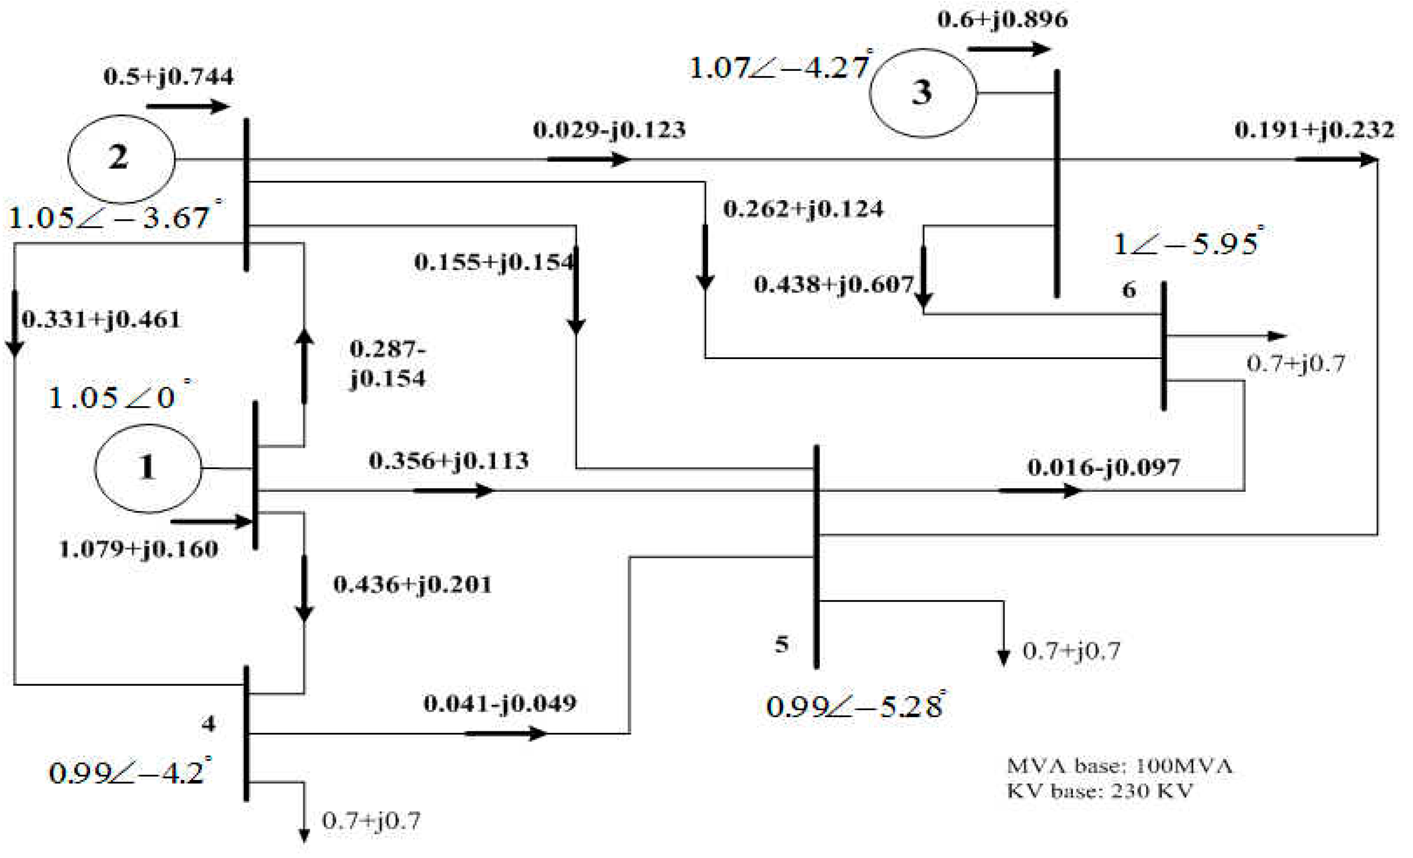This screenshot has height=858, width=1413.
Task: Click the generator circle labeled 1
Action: (x=148, y=467)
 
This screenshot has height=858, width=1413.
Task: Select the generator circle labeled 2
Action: (x=121, y=159)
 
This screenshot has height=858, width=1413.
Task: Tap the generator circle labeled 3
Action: (x=923, y=93)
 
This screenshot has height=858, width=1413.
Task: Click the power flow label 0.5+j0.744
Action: (x=169, y=76)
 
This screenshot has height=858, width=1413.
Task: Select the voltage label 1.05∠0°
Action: (x=117, y=397)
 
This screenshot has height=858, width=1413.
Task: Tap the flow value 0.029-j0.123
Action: (x=609, y=130)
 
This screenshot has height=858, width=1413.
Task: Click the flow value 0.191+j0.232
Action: (x=1314, y=130)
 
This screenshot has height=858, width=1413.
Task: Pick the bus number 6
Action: (x=1128, y=290)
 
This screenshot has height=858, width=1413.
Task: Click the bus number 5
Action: (x=782, y=645)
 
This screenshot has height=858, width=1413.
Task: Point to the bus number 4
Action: (x=208, y=724)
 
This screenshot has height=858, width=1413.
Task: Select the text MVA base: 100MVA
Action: (x=1119, y=766)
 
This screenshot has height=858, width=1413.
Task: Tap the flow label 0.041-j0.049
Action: (x=500, y=703)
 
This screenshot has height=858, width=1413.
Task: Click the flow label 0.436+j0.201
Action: (x=412, y=584)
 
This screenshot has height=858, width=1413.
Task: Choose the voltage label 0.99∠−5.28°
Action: (x=855, y=706)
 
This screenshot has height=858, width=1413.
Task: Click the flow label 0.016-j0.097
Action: (x=1103, y=467)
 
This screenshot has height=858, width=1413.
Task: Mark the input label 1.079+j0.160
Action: (x=138, y=550)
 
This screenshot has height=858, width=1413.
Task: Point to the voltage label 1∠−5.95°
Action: (x=1187, y=243)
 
